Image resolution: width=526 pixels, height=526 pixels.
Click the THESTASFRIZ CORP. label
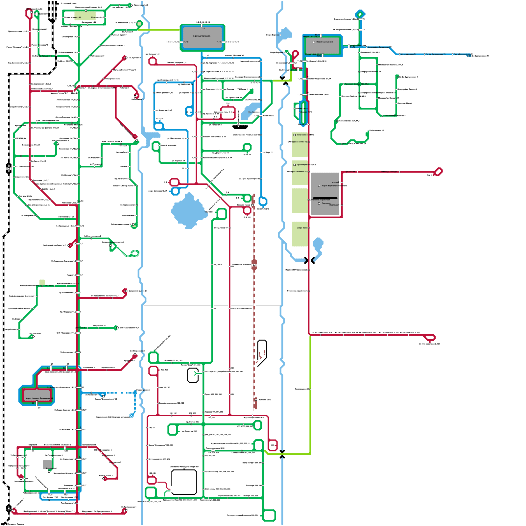(202, 36)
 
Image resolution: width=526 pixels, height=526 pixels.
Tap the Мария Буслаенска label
(324, 42)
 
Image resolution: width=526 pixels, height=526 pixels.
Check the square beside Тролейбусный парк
(295, 165)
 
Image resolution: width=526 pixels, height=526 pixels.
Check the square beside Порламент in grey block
(319, 203)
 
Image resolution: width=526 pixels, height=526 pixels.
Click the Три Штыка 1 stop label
(350, 172)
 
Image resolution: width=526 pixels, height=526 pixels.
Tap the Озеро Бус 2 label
(302, 228)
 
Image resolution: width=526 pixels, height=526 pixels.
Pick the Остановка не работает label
(320, 200)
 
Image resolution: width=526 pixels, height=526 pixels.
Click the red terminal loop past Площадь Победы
(438, 172)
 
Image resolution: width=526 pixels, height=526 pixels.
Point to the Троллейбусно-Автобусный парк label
(184, 466)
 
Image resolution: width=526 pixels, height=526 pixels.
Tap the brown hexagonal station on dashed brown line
(254, 264)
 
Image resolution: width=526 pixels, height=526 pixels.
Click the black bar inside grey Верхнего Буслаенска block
(325, 198)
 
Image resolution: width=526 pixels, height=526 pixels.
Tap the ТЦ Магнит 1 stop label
(243, 89)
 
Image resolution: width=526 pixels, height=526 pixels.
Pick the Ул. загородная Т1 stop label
(408, 54)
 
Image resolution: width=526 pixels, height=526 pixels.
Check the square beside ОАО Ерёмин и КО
(295, 135)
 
